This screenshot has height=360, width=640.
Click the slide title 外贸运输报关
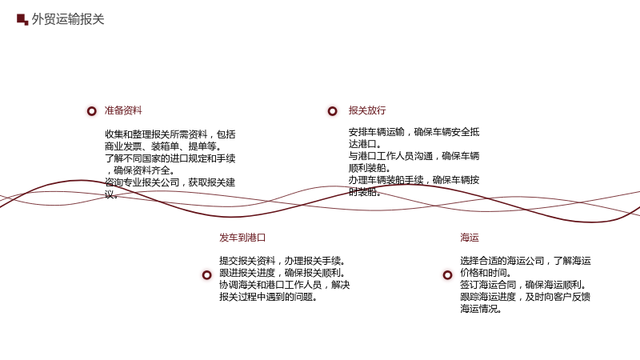pyautogui.click(x=68, y=19)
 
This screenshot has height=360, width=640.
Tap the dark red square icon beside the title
pyautogui.click(x=22, y=19)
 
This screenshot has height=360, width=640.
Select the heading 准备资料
pyautogui.click(x=123, y=110)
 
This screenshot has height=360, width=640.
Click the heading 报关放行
pyautogui.click(x=367, y=110)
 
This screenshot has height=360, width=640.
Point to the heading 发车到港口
pyautogui.click(x=242, y=238)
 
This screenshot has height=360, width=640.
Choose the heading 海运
pyautogui.click(x=470, y=238)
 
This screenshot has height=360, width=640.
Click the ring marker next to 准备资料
pyautogui.click(x=92, y=111)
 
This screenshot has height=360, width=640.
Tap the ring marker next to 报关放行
pyautogui.click(x=333, y=111)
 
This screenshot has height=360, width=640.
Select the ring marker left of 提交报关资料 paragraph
pyautogui.click(x=207, y=275)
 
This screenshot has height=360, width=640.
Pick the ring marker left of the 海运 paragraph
pyautogui.click(x=448, y=275)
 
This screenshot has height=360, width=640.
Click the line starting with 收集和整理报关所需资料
pyautogui.click(x=170, y=134)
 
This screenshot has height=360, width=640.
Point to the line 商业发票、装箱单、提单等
pyautogui.click(x=163, y=146)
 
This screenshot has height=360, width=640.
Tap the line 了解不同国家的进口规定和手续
pyautogui.click(x=170, y=158)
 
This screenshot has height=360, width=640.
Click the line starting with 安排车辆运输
pyautogui.click(x=414, y=132)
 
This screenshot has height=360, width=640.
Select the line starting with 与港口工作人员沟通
pyautogui.click(x=414, y=156)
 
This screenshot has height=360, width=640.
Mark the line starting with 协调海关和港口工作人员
pyautogui.click(x=285, y=285)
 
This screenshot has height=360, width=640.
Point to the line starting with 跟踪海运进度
pyautogui.click(x=526, y=297)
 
